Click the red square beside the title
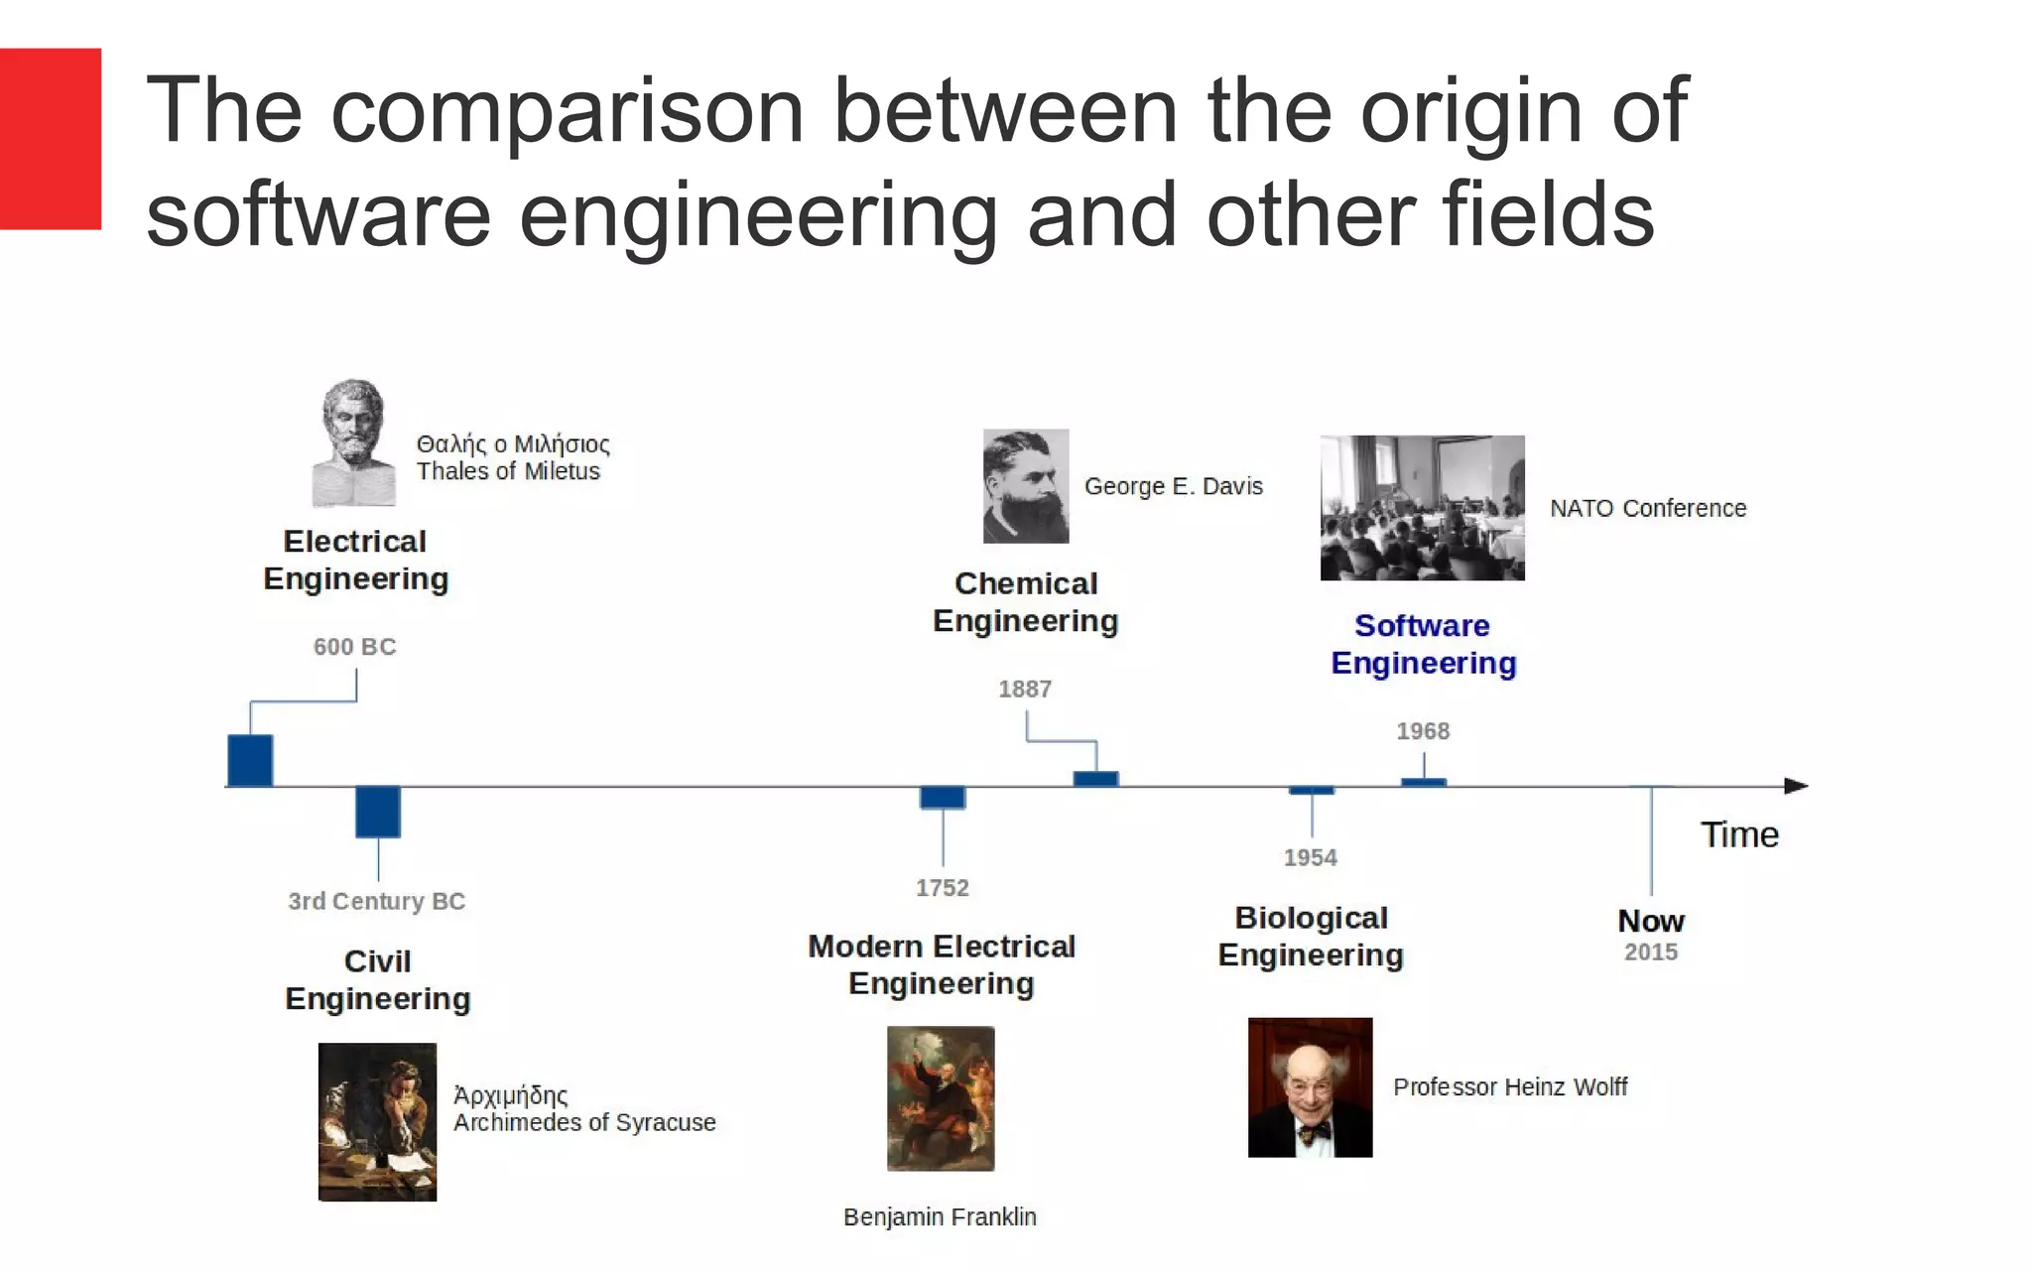[x=50, y=139]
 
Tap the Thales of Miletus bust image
[x=352, y=443]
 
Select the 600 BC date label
[x=354, y=647]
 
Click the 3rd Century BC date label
[x=376, y=901]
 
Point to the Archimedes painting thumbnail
[x=377, y=1121]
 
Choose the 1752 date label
[x=942, y=888]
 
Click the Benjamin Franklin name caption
[x=940, y=1216]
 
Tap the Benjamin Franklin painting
[x=941, y=1098]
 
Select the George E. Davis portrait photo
[x=1026, y=486]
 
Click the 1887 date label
[x=1025, y=689]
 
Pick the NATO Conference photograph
[x=1422, y=508]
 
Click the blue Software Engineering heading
[x=1423, y=644]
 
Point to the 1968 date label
[x=1423, y=731]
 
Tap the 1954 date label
[x=1310, y=857]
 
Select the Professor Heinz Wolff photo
[x=1310, y=1086]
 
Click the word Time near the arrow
[x=1739, y=834]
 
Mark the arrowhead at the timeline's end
[x=1796, y=786]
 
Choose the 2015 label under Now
[x=1651, y=953]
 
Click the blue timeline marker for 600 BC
[x=250, y=760]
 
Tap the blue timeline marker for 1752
[x=942, y=797]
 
